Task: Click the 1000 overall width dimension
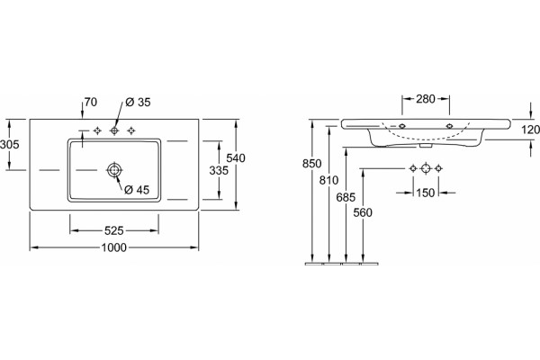tap(114, 247)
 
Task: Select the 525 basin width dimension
tap(114, 230)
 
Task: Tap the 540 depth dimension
tap(236, 158)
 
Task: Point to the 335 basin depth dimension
tap(219, 170)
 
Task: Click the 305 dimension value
tap(10, 144)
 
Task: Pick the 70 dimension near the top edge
tap(91, 102)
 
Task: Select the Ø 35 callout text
tap(138, 103)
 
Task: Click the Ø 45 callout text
tap(137, 190)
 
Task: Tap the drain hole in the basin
tap(114, 170)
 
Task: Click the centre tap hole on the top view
tap(114, 130)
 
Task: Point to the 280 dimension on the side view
tap(426, 99)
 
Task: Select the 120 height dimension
tap(530, 130)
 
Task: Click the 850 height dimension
tap(311, 163)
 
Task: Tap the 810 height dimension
tap(328, 180)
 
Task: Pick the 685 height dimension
tap(346, 197)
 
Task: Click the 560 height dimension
tap(363, 213)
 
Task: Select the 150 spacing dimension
tap(426, 193)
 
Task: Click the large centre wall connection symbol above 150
tap(426, 168)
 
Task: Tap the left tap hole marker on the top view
tap(97, 130)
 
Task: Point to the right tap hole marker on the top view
tap(130, 130)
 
